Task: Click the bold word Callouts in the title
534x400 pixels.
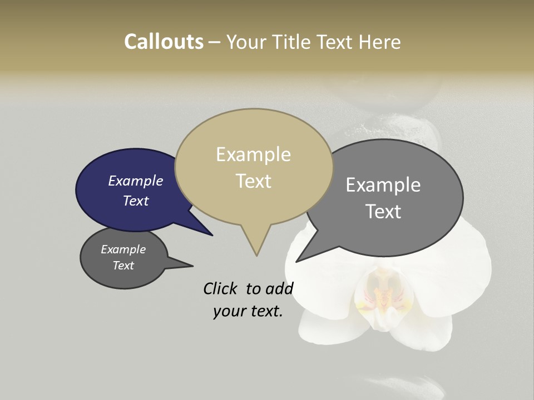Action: tap(164, 42)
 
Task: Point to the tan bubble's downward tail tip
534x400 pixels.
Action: tap(256, 254)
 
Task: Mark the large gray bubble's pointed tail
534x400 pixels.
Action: tap(299, 260)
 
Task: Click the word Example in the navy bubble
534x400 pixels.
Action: tap(135, 181)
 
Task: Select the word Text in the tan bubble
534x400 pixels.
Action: tap(254, 181)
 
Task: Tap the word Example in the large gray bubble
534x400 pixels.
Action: tap(383, 184)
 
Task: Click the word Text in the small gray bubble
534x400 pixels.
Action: tap(123, 266)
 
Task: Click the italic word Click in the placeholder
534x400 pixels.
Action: tap(220, 288)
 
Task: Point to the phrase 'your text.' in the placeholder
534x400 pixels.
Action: tap(248, 311)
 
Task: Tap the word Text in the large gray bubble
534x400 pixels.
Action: tap(383, 211)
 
